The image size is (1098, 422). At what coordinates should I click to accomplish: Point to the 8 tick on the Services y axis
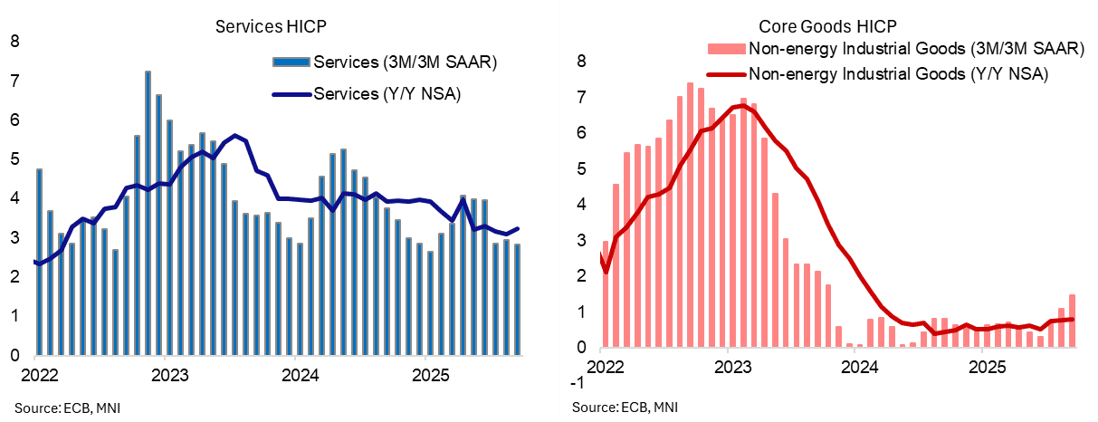pyautogui.click(x=14, y=41)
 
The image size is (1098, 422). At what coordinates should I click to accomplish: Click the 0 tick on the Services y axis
pyautogui.click(x=14, y=354)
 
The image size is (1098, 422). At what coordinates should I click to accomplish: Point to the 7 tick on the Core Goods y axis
pyautogui.click(x=582, y=97)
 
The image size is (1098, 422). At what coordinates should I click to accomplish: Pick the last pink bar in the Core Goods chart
pyautogui.click(x=1072, y=321)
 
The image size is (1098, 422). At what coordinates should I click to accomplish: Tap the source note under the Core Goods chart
pyautogui.click(x=624, y=407)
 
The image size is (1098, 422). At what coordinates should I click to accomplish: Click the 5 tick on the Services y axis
pyautogui.click(x=14, y=158)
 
